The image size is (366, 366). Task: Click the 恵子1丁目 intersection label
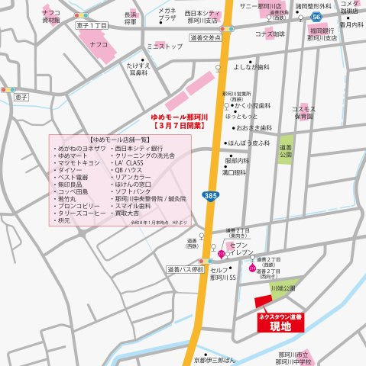point(92,26)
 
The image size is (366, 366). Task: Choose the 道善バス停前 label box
point(184,269)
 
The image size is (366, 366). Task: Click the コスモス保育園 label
point(303,113)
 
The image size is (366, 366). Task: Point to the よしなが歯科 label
point(251,66)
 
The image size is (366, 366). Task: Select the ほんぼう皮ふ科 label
point(251,143)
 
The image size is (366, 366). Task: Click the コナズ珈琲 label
point(270,34)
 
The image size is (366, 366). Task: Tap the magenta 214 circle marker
point(253,268)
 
